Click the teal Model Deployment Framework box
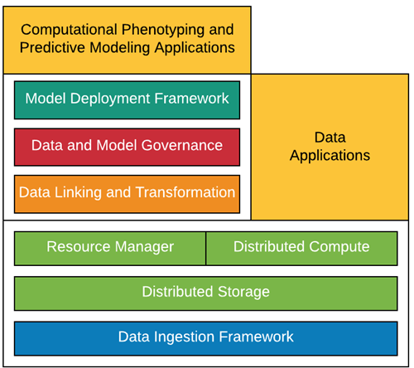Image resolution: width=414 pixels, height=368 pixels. tap(127, 100)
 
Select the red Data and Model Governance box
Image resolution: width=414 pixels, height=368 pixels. tap(127, 147)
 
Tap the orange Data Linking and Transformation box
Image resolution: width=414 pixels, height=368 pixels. tap(127, 194)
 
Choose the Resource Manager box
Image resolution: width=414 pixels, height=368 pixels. tap(110, 249)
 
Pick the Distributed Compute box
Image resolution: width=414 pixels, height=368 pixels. tap(301, 249)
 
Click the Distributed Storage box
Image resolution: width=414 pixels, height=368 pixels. tap(206, 293)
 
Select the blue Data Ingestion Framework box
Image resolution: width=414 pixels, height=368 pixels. tap(206, 338)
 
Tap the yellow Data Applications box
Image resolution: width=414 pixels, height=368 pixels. tap(330, 147)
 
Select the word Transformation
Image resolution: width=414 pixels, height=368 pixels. tap(185, 192)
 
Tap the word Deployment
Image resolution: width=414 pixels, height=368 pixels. tap(110, 99)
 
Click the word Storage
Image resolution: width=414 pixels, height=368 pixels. tap(243, 292)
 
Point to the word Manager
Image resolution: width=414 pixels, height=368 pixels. tap(144, 247)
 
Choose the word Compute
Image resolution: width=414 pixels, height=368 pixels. tap(339, 247)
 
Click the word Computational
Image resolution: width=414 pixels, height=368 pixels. tap(70, 30)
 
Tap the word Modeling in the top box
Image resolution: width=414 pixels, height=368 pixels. tap(120, 48)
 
